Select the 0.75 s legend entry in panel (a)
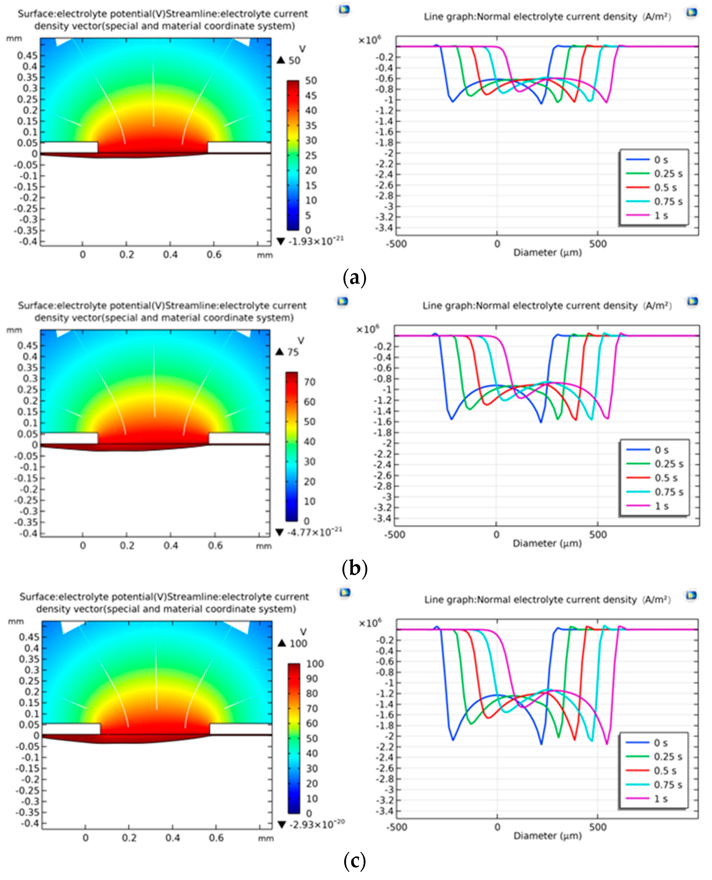[x=668, y=201]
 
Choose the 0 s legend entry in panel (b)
[x=661, y=450]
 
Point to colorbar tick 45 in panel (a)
[x=310, y=95]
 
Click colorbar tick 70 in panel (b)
[x=309, y=382]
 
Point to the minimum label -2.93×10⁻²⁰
[x=317, y=824]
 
